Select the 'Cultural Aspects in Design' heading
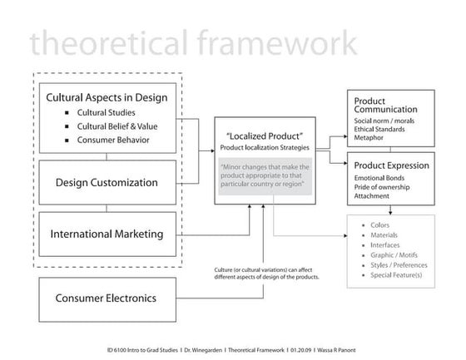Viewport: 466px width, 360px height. (107, 97)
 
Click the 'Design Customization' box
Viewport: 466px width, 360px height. (107, 182)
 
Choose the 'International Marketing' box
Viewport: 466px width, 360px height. (107, 234)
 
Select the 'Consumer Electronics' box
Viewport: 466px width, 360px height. (107, 297)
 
